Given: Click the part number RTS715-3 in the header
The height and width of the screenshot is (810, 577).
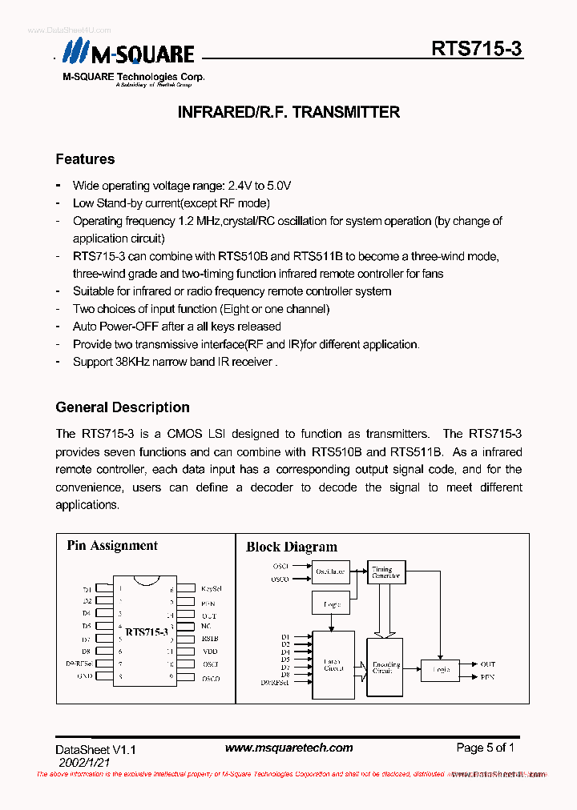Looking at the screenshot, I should pos(476,49).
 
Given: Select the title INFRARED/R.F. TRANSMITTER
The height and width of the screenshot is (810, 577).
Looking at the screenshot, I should pos(288,112).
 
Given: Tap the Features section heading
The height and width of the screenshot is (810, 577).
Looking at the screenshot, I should pos(85,159).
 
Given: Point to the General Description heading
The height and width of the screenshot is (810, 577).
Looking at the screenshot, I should pos(123,407).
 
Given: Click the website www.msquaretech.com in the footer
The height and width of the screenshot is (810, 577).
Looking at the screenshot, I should pos(288,748).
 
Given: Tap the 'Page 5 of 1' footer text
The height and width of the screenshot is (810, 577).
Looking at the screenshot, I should pos(485,748).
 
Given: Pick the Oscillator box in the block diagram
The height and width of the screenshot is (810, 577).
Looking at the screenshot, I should pos(330,571).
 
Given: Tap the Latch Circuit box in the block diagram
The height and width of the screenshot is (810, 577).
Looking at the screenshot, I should pos(333,664).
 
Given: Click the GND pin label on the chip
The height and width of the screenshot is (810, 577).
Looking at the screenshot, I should pos(85,676).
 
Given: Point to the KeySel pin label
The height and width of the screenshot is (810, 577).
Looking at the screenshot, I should pos(211,588).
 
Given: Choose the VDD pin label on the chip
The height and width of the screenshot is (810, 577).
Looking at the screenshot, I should pos(210,651).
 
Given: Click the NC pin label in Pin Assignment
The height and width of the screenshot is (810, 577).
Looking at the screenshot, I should pos(206,626).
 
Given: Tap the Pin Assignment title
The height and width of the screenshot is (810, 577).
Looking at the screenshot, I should pos(112,546).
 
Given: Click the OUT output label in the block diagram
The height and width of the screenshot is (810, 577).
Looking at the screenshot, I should pos(487,664).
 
